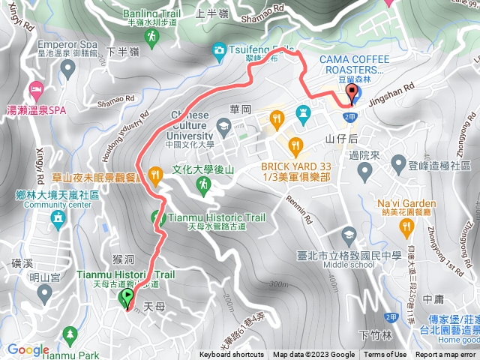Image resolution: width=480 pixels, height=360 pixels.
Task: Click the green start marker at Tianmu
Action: tap(125, 298)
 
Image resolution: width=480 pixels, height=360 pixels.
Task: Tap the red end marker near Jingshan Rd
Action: tap(352, 94)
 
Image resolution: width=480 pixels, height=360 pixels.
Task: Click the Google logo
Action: tap(28, 349)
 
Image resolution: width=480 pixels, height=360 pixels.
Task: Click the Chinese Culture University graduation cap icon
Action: tap(223, 124)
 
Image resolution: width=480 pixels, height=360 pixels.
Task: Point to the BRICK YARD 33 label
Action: tap(295, 166)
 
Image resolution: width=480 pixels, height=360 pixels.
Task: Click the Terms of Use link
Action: tap(385, 355)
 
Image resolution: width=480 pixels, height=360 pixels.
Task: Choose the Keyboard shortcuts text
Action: tap(232, 355)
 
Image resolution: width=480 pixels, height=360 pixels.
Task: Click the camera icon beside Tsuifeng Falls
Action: tap(218, 51)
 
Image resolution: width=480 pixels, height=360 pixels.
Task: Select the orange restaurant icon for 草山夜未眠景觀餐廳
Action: tap(155, 175)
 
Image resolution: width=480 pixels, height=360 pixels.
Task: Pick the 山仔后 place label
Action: tap(342, 139)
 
